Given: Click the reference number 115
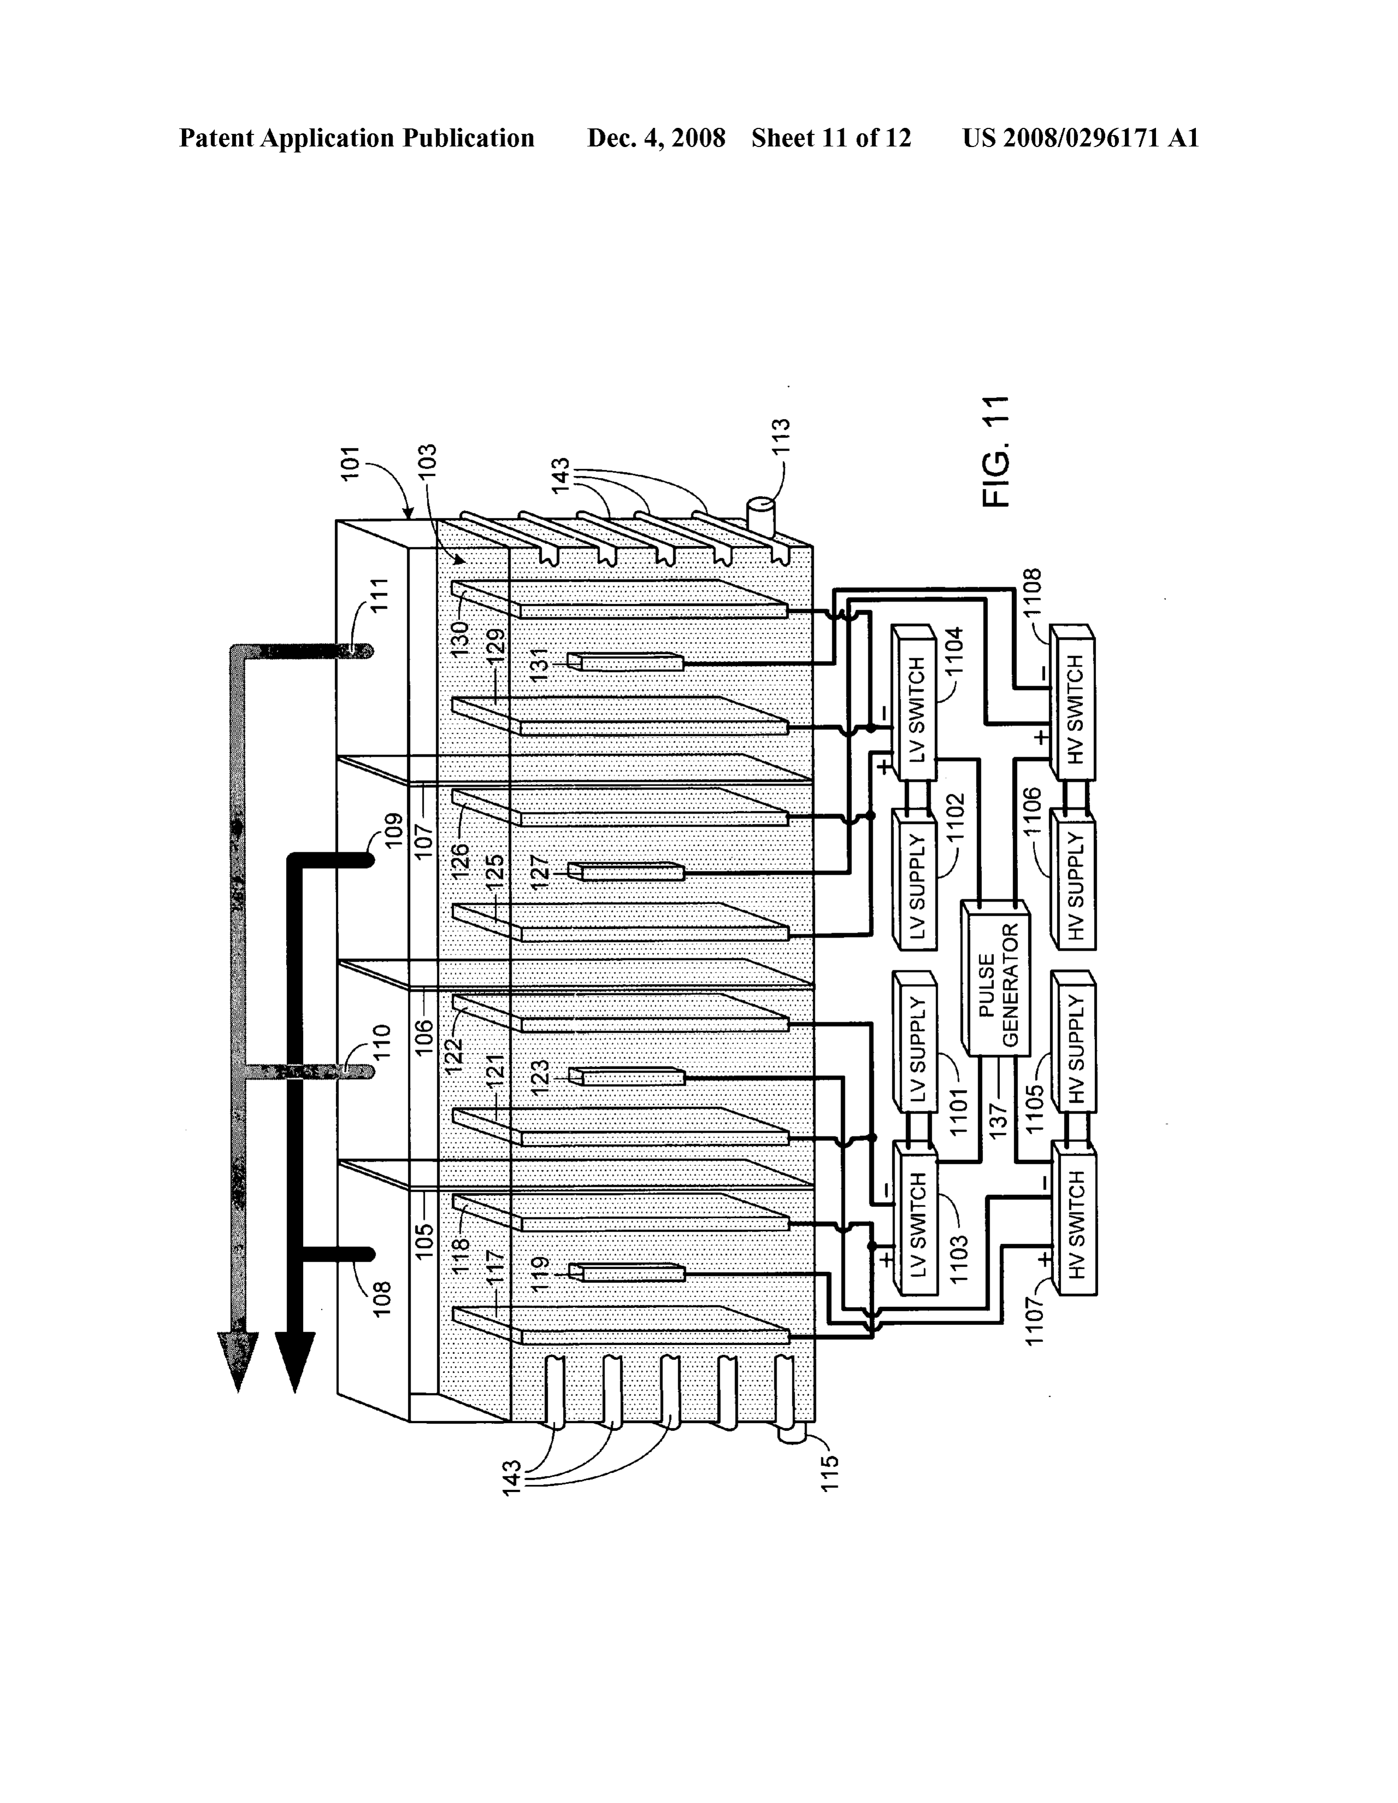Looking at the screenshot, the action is click(x=830, y=1472).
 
